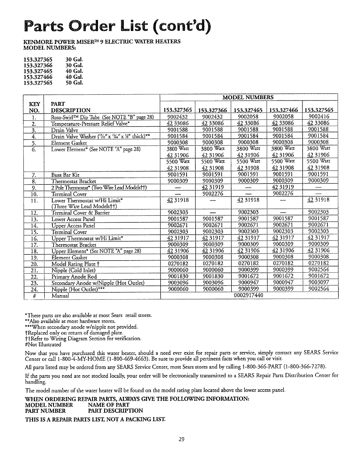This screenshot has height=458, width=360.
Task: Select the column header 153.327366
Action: pyautogui.click(x=213, y=110)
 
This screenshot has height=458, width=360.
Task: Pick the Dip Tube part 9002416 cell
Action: pyautogui.click(x=319, y=117)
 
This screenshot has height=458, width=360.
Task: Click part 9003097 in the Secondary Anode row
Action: pyautogui.click(x=319, y=283)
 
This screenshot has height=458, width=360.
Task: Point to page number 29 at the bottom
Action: pyautogui.click(x=181, y=448)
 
